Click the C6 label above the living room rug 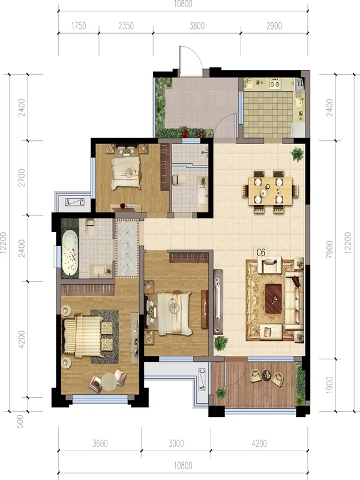(260, 252)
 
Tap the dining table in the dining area (270, 191)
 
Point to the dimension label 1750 (79, 26)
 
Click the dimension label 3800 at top (197, 26)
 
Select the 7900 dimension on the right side (329, 250)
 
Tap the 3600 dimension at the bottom (100, 443)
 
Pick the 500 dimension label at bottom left (20, 421)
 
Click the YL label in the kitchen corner (300, 83)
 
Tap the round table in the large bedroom (109, 382)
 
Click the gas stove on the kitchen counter (274, 83)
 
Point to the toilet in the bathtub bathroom (90, 227)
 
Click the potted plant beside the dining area (297, 154)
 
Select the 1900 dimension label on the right (329, 385)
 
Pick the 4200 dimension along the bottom (259, 443)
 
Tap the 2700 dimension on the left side (22, 178)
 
